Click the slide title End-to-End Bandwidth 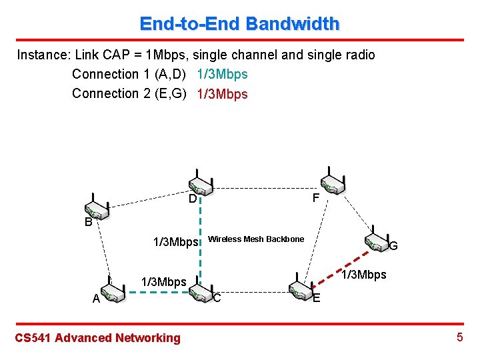click(x=239, y=24)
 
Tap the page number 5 click(x=459, y=337)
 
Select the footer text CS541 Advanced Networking click(x=97, y=338)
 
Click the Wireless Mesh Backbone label click(x=256, y=239)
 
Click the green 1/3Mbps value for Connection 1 click(x=223, y=74)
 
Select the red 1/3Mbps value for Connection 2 click(x=223, y=94)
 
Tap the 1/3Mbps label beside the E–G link click(x=363, y=275)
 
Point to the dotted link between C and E click(x=250, y=292)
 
